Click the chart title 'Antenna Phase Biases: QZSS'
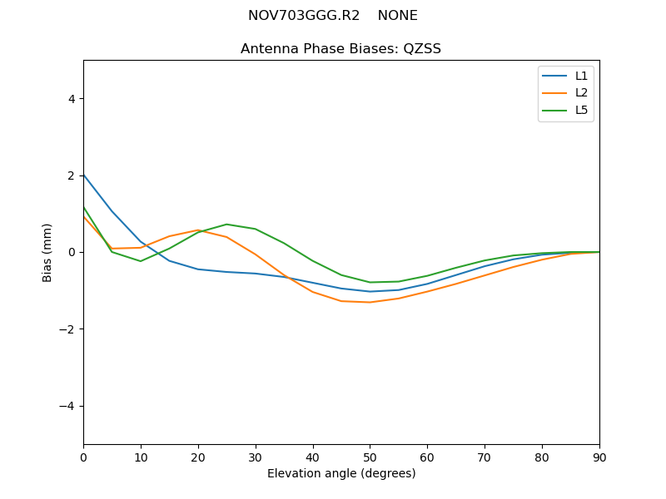pyautogui.click(x=340, y=49)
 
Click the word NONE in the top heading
pyautogui.click(x=397, y=16)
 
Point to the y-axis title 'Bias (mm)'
pyautogui.click(x=47, y=252)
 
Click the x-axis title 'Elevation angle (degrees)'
pyautogui.click(x=340, y=474)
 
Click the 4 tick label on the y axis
pyautogui.click(x=71, y=99)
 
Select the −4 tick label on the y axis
pyautogui.click(x=67, y=406)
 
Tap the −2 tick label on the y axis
pyautogui.click(x=67, y=329)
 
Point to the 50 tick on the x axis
pyautogui.click(x=370, y=456)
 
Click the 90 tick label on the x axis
pyautogui.click(x=599, y=456)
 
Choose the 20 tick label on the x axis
pyautogui.click(x=198, y=456)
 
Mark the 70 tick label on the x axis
pyautogui.click(x=485, y=456)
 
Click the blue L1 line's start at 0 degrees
pyautogui.click(x=84, y=175)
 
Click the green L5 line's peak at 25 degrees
pyautogui.click(x=226, y=225)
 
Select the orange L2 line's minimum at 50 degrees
pyautogui.click(x=370, y=302)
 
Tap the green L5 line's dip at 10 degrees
pyautogui.click(x=141, y=261)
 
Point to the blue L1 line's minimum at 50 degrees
pyautogui.click(x=370, y=292)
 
